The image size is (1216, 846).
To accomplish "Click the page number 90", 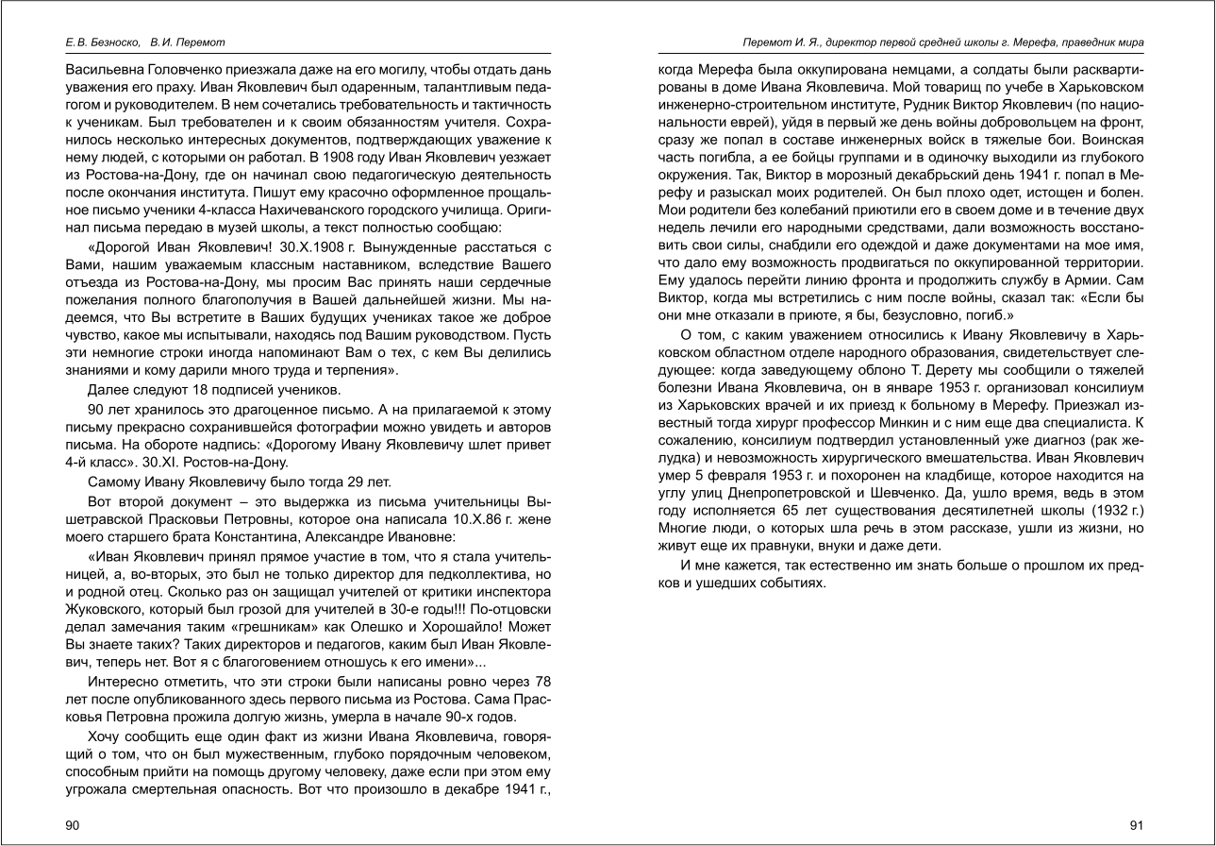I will (x=73, y=824).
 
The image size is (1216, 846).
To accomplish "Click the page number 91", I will (x=1136, y=824).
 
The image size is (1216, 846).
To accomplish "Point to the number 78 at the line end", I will (x=541, y=681).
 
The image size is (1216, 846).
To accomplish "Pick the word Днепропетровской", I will (x=853, y=493).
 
